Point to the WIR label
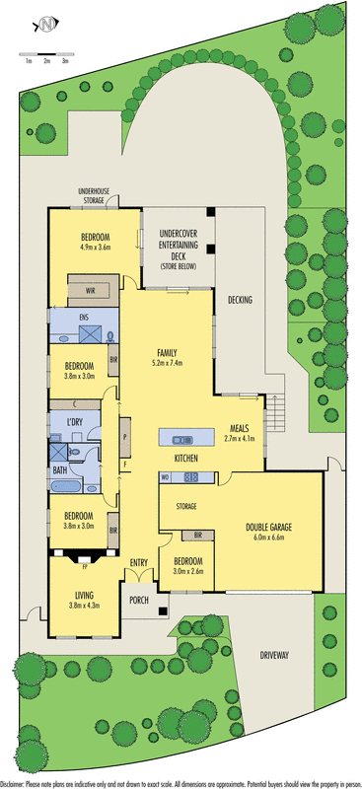[90, 291]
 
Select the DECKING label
[240, 300]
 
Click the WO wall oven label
[165, 478]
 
